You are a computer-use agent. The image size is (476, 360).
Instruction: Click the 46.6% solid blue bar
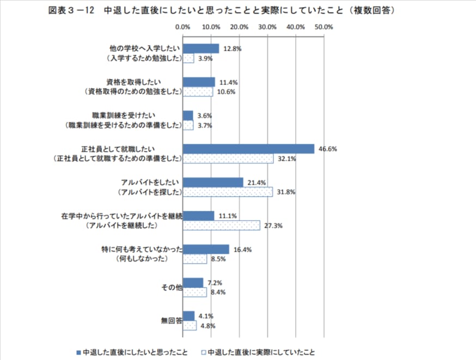[248, 148]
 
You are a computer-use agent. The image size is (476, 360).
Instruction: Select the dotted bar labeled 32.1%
[228, 158]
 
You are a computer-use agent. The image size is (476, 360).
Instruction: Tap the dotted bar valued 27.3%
[221, 225]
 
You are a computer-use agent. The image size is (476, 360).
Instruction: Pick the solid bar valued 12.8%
[201, 48]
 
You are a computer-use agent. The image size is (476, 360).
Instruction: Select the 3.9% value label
[205, 59]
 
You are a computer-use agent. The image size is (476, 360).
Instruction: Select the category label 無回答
[171, 320]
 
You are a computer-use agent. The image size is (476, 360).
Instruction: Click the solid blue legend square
[78, 352]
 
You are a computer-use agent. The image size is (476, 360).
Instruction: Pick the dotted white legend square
[203, 352]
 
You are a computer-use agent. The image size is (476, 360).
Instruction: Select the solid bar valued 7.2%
[193, 282]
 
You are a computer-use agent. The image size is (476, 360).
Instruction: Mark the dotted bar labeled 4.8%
[190, 326]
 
